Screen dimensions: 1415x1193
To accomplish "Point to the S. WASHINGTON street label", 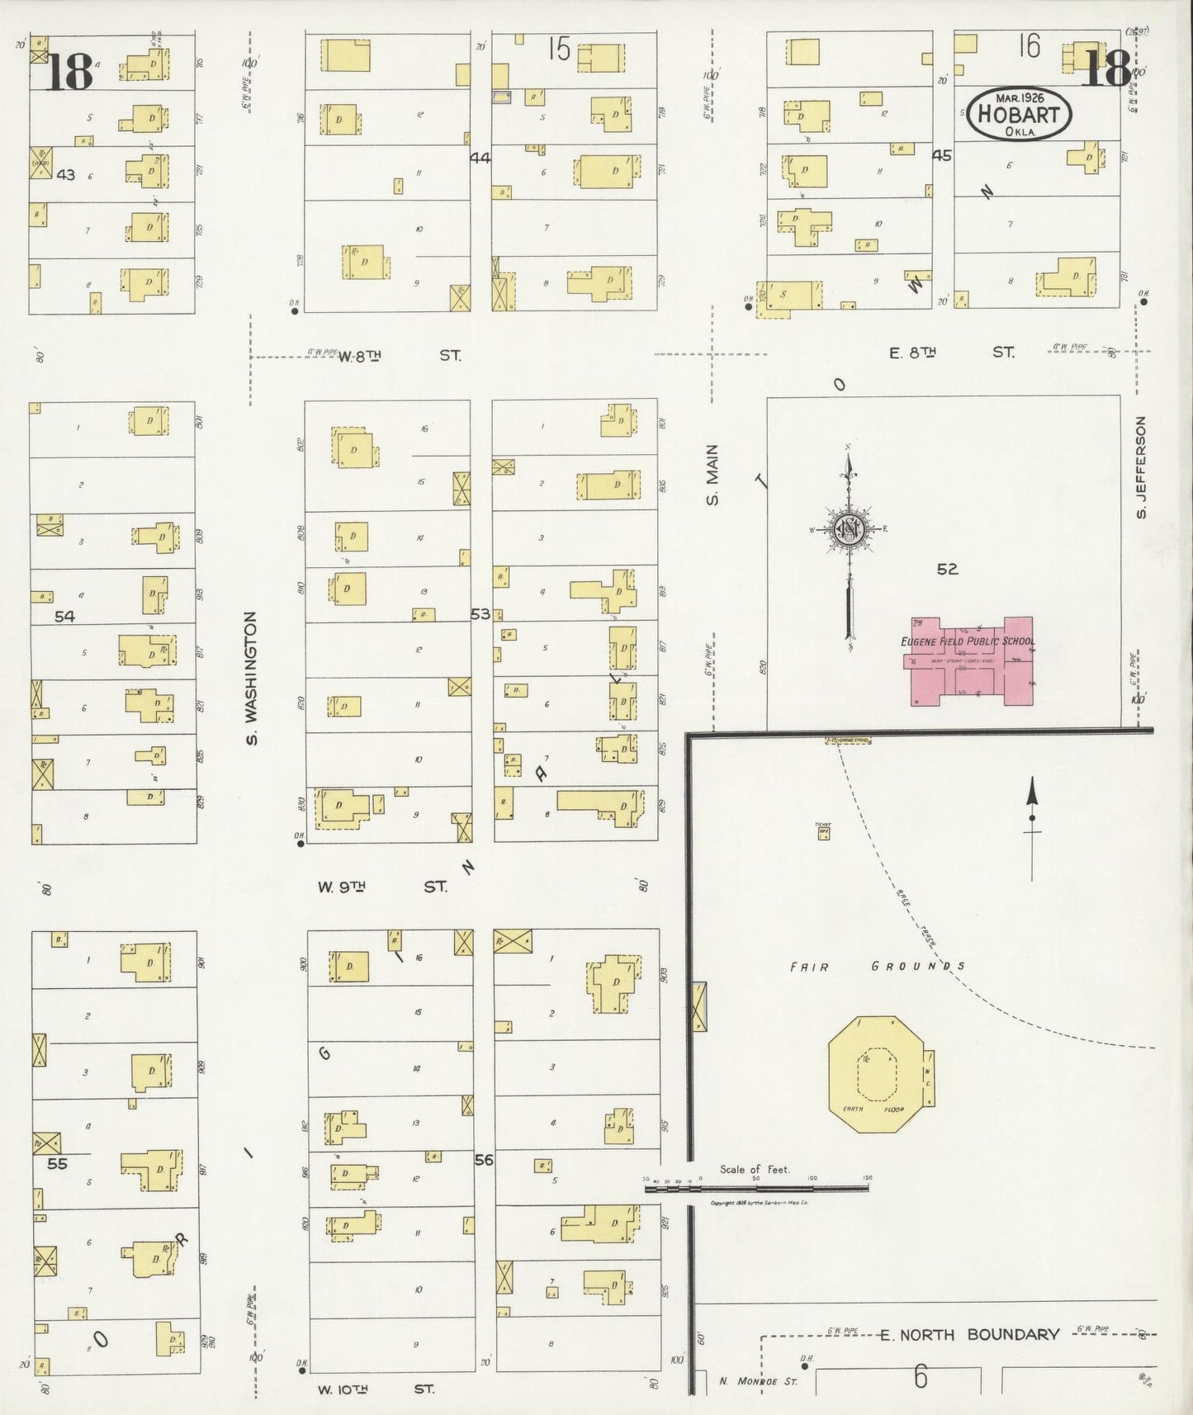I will (x=251, y=677).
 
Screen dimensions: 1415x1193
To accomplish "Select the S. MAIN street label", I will (x=712, y=475).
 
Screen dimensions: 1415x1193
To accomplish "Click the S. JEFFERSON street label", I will (x=1142, y=467).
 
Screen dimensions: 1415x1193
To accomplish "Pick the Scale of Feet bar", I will (x=755, y=1189).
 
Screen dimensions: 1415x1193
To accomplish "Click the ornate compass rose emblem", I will (x=850, y=529).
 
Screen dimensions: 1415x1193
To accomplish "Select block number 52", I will (x=947, y=569).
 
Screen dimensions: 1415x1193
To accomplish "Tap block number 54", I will (x=64, y=616).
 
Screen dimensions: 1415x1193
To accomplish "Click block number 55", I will (x=57, y=1163).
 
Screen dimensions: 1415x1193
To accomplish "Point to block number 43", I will (x=65, y=174).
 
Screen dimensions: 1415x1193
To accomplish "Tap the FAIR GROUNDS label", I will (x=877, y=966).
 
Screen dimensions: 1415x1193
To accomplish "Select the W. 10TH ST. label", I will (x=376, y=1389).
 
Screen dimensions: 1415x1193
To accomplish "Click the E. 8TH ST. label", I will (x=951, y=353).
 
